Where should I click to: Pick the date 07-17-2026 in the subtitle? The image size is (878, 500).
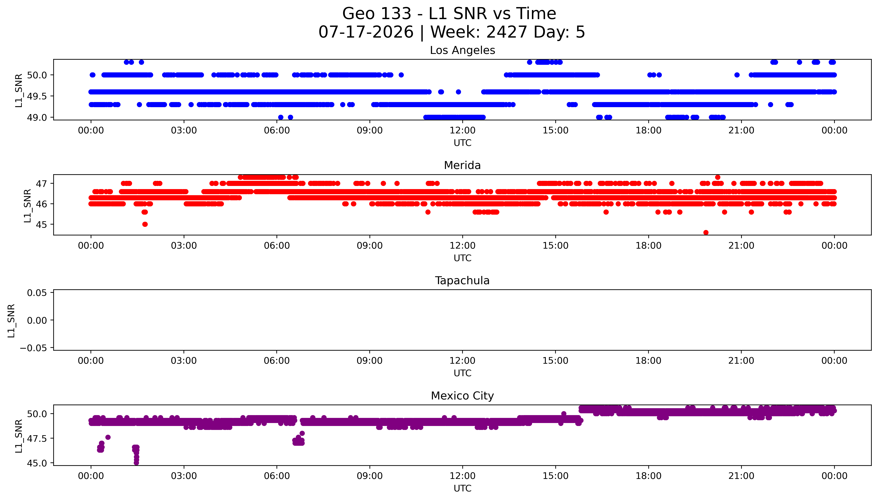click(366, 32)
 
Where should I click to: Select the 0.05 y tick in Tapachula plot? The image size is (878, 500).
click(37, 293)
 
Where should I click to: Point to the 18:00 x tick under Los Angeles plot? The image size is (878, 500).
click(648, 131)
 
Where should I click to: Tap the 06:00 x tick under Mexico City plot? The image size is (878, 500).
click(277, 476)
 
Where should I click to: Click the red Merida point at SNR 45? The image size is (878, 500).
click(145, 224)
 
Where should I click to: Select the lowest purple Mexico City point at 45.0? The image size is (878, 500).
click(136, 463)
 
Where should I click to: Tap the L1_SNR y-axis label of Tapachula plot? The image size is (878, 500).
click(11, 320)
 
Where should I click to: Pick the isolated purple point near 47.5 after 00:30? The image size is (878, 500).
click(108, 437)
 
